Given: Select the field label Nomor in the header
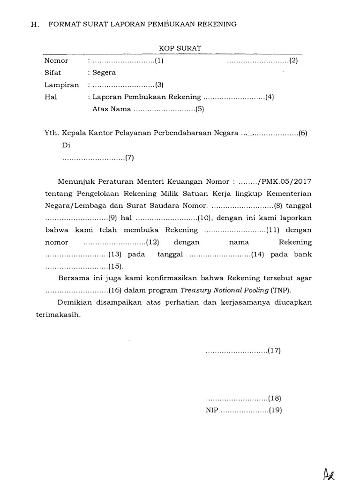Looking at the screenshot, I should tap(56, 60).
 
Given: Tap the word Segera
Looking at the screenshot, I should tap(104, 73).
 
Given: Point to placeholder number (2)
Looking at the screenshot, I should tap(293, 60).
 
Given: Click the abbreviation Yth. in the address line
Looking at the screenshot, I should tap(50, 133).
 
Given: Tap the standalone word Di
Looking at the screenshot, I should tap(66, 145).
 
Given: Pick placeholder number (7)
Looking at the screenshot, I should tap(130, 157).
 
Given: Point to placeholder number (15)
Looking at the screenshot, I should tap(115, 267).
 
